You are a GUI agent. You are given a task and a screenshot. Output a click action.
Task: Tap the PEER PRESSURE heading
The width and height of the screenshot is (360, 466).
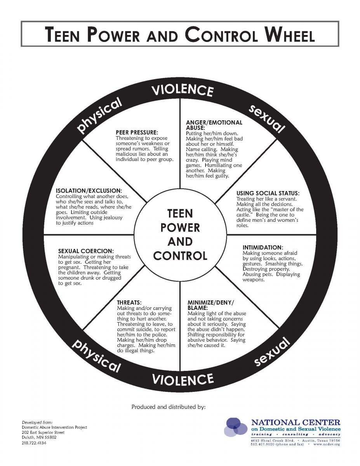pyautogui.click(x=137, y=132)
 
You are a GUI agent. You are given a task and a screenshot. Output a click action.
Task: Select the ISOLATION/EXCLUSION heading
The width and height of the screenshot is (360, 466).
pyautogui.click(x=89, y=191)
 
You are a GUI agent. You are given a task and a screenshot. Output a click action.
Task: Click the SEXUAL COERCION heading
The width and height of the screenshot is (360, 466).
pyautogui.click(x=86, y=251)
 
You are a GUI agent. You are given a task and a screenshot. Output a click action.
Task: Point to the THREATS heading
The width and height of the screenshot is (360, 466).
pyautogui.click(x=129, y=303)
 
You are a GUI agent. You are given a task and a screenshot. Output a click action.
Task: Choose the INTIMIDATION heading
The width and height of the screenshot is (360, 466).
pyautogui.click(x=263, y=247)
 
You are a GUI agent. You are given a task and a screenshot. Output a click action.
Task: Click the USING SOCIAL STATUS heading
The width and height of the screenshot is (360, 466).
pyautogui.click(x=268, y=193)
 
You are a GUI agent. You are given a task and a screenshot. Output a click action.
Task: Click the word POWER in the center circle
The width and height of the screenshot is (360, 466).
pyautogui.click(x=180, y=228)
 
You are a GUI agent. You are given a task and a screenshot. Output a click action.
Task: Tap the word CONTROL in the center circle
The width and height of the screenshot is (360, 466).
pyautogui.click(x=180, y=256)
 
